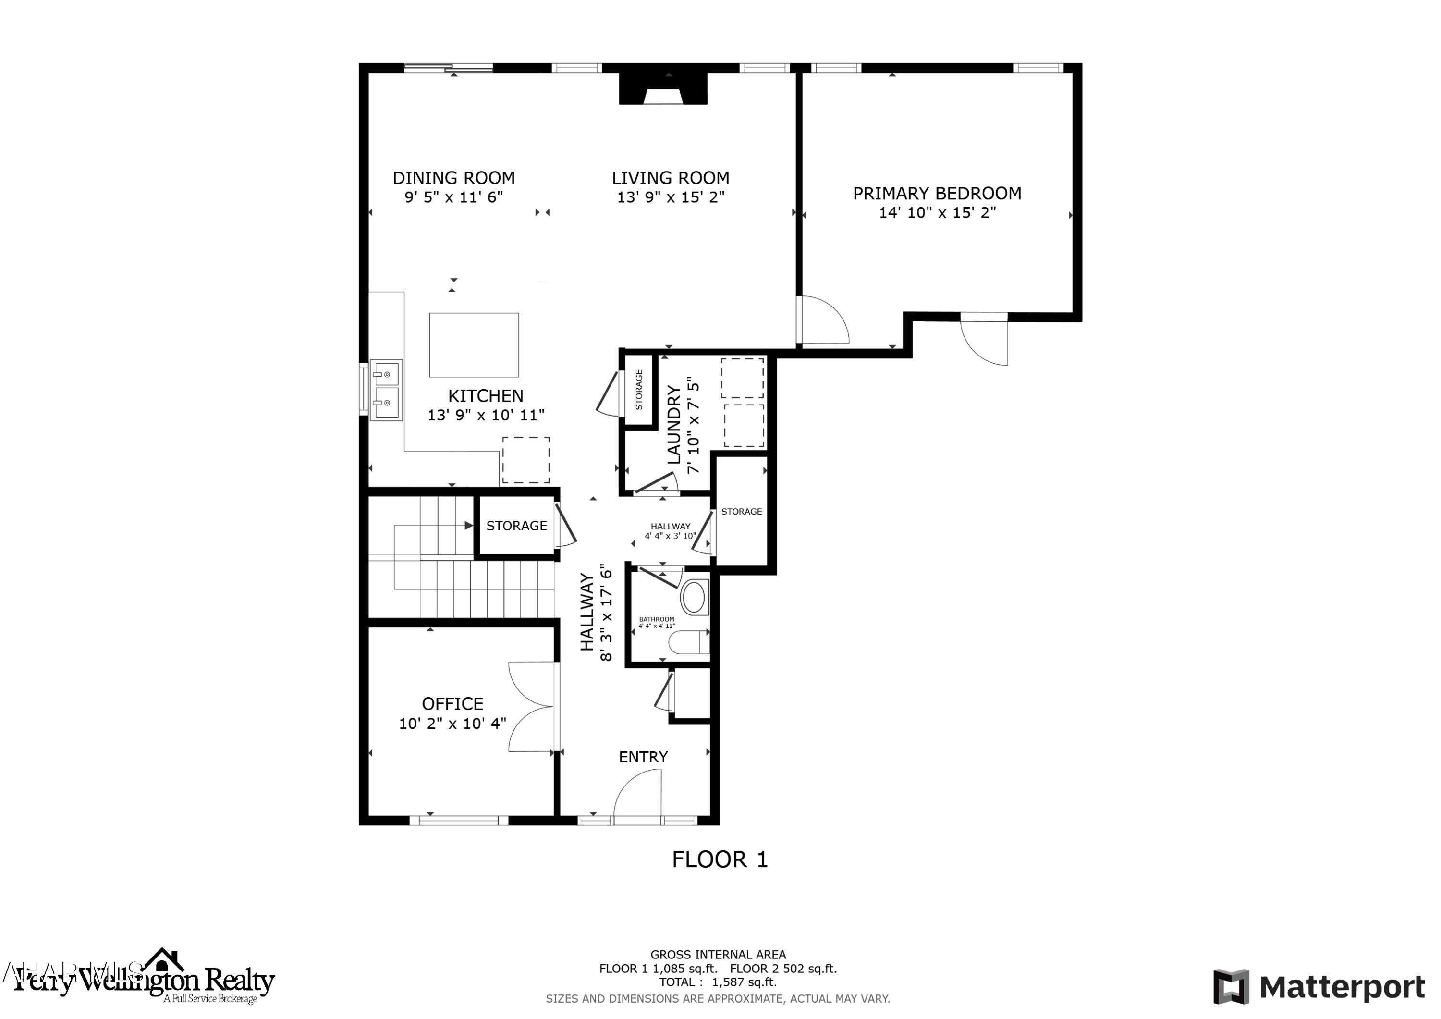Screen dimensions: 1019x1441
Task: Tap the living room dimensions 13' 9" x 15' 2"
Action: tap(670, 197)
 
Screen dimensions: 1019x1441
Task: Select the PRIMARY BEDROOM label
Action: tap(936, 194)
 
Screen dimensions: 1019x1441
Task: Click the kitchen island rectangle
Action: tap(474, 344)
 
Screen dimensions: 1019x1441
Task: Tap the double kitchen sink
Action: tap(385, 390)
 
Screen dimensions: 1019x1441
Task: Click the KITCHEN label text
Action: tap(485, 396)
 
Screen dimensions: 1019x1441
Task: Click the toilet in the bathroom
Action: tap(688, 642)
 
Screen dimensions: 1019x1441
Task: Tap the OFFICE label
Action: tap(452, 704)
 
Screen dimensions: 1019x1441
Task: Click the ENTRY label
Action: tap(643, 757)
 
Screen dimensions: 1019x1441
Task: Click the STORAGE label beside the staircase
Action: tap(516, 526)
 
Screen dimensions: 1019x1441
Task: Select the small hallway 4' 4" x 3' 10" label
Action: tap(670, 531)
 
